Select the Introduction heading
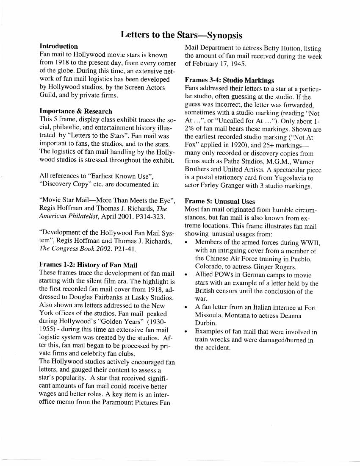click(58, 46)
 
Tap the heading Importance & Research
click(76, 111)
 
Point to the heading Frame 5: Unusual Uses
click(220, 201)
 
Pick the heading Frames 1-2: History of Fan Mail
click(88, 265)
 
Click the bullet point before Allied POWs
click(187, 275)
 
